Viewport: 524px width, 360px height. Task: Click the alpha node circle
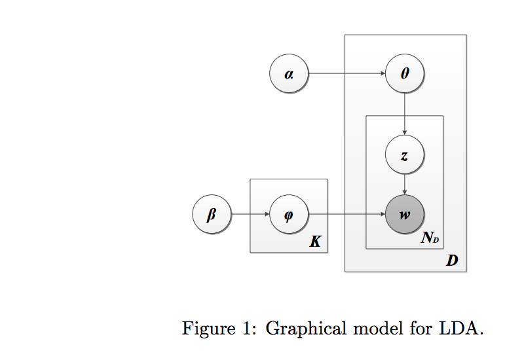tap(289, 74)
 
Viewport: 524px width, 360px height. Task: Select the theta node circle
tap(405, 74)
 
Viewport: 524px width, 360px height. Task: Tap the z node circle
tap(405, 156)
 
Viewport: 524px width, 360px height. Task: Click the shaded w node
tap(405, 214)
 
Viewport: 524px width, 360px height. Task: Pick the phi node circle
tap(289, 214)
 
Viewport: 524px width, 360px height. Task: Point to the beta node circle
tap(211, 214)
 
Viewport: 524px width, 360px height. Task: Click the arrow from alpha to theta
tap(347, 74)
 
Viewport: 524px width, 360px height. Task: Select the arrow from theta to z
tap(405, 115)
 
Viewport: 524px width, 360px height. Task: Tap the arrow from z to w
tap(405, 185)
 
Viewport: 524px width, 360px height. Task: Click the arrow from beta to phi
tap(250, 214)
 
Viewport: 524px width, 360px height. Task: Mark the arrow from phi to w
tap(347, 214)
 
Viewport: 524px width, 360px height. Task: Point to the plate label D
tap(452, 261)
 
